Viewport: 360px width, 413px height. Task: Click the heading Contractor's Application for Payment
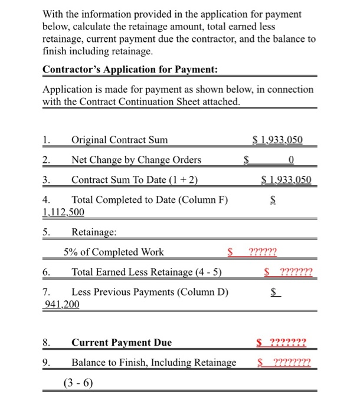(130, 70)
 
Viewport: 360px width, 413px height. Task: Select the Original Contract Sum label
(119, 140)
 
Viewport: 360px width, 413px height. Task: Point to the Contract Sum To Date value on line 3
(286, 179)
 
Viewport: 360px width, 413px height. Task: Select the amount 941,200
(62, 304)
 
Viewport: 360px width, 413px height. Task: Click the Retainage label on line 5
(94, 232)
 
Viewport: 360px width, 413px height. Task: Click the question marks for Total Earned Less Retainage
(297, 272)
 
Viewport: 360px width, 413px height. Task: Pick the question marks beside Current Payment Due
(287, 342)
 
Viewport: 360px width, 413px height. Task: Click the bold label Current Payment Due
(122, 342)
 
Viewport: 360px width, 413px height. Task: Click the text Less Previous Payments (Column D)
(150, 292)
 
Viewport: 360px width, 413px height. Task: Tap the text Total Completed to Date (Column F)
(149, 199)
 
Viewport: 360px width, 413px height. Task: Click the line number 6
(47, 272)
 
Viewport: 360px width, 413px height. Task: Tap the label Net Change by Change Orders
(136, 160)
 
